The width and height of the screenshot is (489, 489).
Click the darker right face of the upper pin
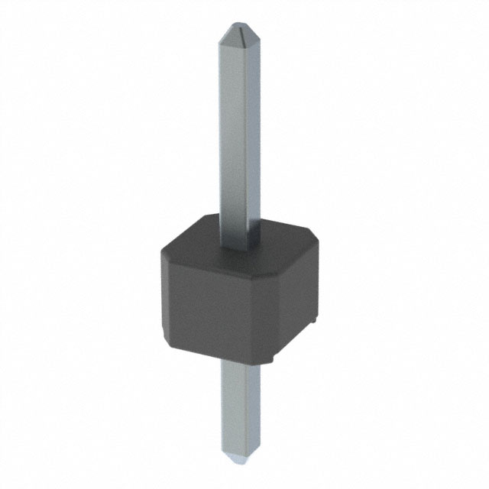point(244,138)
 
